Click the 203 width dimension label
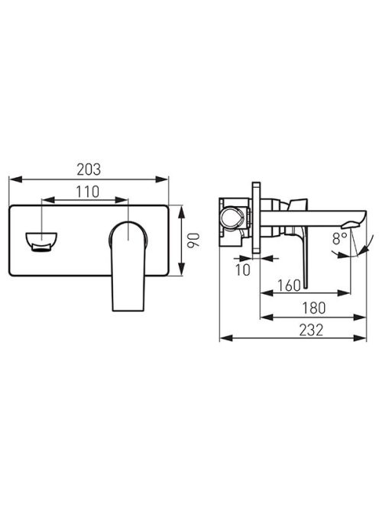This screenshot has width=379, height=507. click(89, 170)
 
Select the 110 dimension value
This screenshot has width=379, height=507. click(87, 192)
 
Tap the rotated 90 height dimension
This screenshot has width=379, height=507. click(195, 241)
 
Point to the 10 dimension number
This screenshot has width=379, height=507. click(243, 270)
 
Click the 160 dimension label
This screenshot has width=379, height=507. click(289, 286)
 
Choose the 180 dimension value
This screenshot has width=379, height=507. click(313, 308)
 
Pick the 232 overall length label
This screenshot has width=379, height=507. click(311, 330)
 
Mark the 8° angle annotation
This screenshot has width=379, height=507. click(339, 239)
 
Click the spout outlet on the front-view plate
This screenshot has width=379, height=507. click(41, 241)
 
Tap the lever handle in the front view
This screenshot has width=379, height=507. click(128, 266)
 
